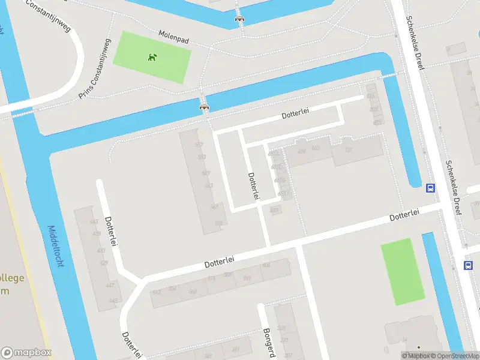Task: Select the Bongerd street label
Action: [269, 342]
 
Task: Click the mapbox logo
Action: [26, 353]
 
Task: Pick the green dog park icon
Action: [152, 58]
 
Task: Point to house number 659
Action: [301, 151]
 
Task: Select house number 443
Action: [94, 222]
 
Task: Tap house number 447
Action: [110, 285]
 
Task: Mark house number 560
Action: [193, 292]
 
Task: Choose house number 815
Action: [370, 96]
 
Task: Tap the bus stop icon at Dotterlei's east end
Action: [430, 188]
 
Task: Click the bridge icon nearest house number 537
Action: [205, 107]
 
